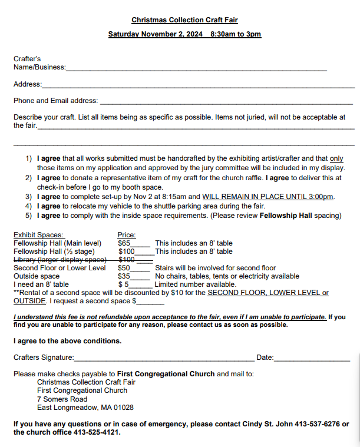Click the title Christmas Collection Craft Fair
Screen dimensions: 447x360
184,20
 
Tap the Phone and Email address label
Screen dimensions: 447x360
55,101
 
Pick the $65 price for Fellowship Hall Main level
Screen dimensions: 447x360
124,243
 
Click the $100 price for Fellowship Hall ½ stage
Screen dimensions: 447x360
127,251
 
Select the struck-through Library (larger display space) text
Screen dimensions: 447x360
60,260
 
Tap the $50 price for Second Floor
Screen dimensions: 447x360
124,268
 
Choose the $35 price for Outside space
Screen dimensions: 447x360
124,276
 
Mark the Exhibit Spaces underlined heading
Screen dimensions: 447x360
39,234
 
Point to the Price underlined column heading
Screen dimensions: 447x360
127,234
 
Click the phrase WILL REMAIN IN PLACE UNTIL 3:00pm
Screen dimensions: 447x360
269,196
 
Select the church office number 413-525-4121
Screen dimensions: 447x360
94,432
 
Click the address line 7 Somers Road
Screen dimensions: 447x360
62,399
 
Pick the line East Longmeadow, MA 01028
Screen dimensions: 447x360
85,407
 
